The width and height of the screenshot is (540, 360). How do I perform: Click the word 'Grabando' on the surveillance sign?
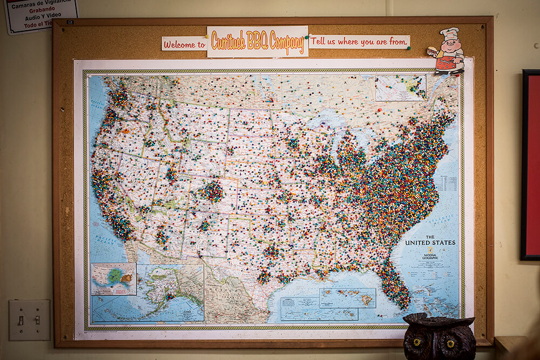click(x=42, y=9)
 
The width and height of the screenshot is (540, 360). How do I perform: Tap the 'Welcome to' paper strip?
click(x=184, y=44)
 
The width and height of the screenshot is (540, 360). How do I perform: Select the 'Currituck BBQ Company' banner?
click(x=257, y=42)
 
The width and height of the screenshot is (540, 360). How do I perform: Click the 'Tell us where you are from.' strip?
click(x=359, y=42)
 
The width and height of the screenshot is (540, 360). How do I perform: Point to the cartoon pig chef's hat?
click(x=449, y=33)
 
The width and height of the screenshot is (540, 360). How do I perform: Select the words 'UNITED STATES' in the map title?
click(x=430, y=243)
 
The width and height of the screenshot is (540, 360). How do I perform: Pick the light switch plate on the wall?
click(x=29, y=320)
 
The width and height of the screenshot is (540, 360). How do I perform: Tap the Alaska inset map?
click(x=170, y=292)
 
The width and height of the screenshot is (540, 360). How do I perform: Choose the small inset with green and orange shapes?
click(x=113, y=279)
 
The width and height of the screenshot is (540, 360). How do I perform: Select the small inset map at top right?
click(x=400, y=87)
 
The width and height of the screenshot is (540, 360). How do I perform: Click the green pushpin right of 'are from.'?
click(x=409, y=47)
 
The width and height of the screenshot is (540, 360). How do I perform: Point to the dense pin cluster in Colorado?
click(x=212, y=192)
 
